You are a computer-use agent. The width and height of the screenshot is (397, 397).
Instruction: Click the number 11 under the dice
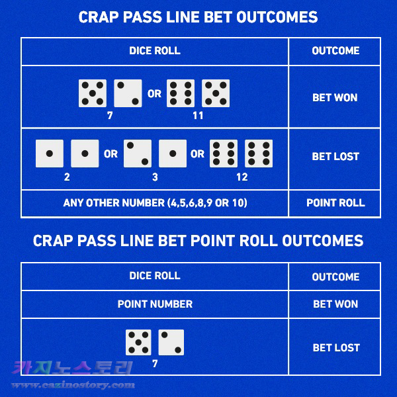pyautogui.click(x=198, y=116)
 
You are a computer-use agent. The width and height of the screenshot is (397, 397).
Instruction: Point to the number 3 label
pyautogui.click(x=155, y=177)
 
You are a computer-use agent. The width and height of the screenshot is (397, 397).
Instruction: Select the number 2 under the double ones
pyautogui.click(x=67, y=177)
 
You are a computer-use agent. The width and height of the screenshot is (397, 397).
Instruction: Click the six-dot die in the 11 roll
pyautogui.click(x=180, y=93)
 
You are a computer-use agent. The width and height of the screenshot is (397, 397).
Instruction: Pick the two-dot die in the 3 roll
pyautogui.click(x=137, y=153)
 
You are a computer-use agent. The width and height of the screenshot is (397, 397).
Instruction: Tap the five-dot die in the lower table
pyautogui.click(x=138, y=342)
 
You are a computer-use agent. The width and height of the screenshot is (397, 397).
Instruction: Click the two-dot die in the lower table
pyautogui.click(x=171, y=342)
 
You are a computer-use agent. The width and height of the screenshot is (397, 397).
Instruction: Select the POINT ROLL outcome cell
pyautogui.click(x=335, y=203)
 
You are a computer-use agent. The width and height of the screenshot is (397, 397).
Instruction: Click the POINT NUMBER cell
pyautogui.click(x=155, y=304)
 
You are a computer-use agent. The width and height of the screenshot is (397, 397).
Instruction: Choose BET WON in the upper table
pyautogui.click(x=335, y=97)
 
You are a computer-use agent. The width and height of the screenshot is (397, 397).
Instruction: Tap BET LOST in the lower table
pyautogui.click(x=336, y=347)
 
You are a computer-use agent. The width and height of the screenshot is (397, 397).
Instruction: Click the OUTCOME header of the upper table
pyautogui.click(x=335, y=51)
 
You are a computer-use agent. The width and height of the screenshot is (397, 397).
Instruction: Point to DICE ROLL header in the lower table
pyautogui.click(x=155, y=276)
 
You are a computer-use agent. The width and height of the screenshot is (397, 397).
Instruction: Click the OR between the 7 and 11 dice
pyautogui.click(x=154, y=94)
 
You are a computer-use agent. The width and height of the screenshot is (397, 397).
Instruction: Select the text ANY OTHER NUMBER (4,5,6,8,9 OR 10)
pyautogui.click(x=155, y=203)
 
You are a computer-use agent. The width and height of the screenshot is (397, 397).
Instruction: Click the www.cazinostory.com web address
pyautogui.click(x=73, y=385)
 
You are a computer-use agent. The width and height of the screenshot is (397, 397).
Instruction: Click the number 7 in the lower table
pyautogui.click(x=155, y=364)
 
